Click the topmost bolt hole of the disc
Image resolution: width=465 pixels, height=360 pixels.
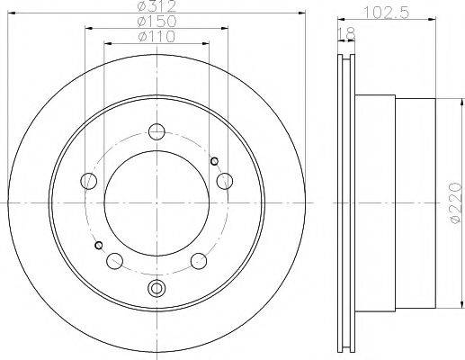pyautogui.click(x=157, y=130)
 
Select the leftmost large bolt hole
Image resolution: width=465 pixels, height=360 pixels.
pyautogui.click(x=89, y=181)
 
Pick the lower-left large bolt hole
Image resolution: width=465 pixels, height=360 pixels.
pyautogui.click(x=114, y=260)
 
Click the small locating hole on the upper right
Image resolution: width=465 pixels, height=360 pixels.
pyautogui.click(x=214, y=161)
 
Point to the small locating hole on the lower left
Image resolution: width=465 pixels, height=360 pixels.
pyautogui.click(x=99, y=245)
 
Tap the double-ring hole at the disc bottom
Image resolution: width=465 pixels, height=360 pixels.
pyautogui.click(x=157, y=288)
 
